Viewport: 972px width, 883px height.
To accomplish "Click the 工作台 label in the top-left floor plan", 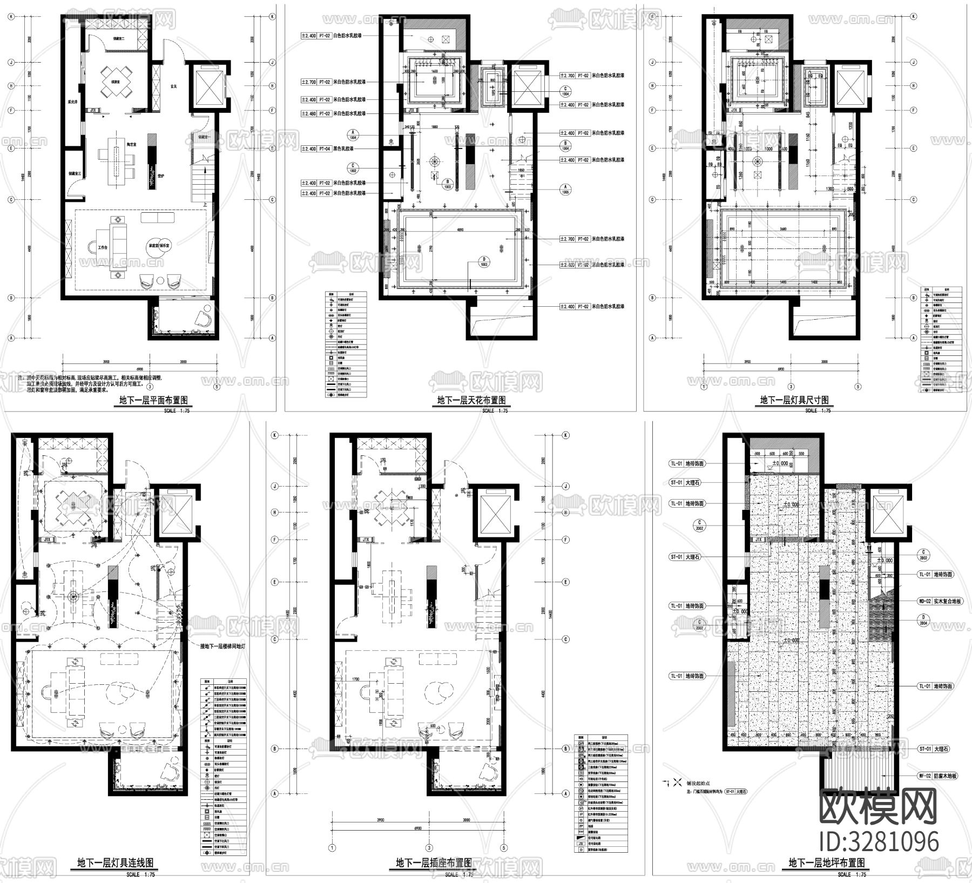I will [x=103, y=247].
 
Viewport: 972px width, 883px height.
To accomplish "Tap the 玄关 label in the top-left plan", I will [x=173, y=86].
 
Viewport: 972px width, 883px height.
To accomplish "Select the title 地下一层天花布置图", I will [x=471, y=401].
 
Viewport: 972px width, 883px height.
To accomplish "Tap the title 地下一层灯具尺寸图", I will [x=794, y=401].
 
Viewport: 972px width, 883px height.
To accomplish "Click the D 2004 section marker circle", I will [x=923, y=619].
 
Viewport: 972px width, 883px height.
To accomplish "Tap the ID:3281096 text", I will [x=879, y=841].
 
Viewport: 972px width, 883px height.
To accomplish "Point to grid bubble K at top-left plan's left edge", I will [x=10, y=17].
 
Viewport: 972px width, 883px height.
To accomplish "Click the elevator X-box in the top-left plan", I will [x=208, y=86].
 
